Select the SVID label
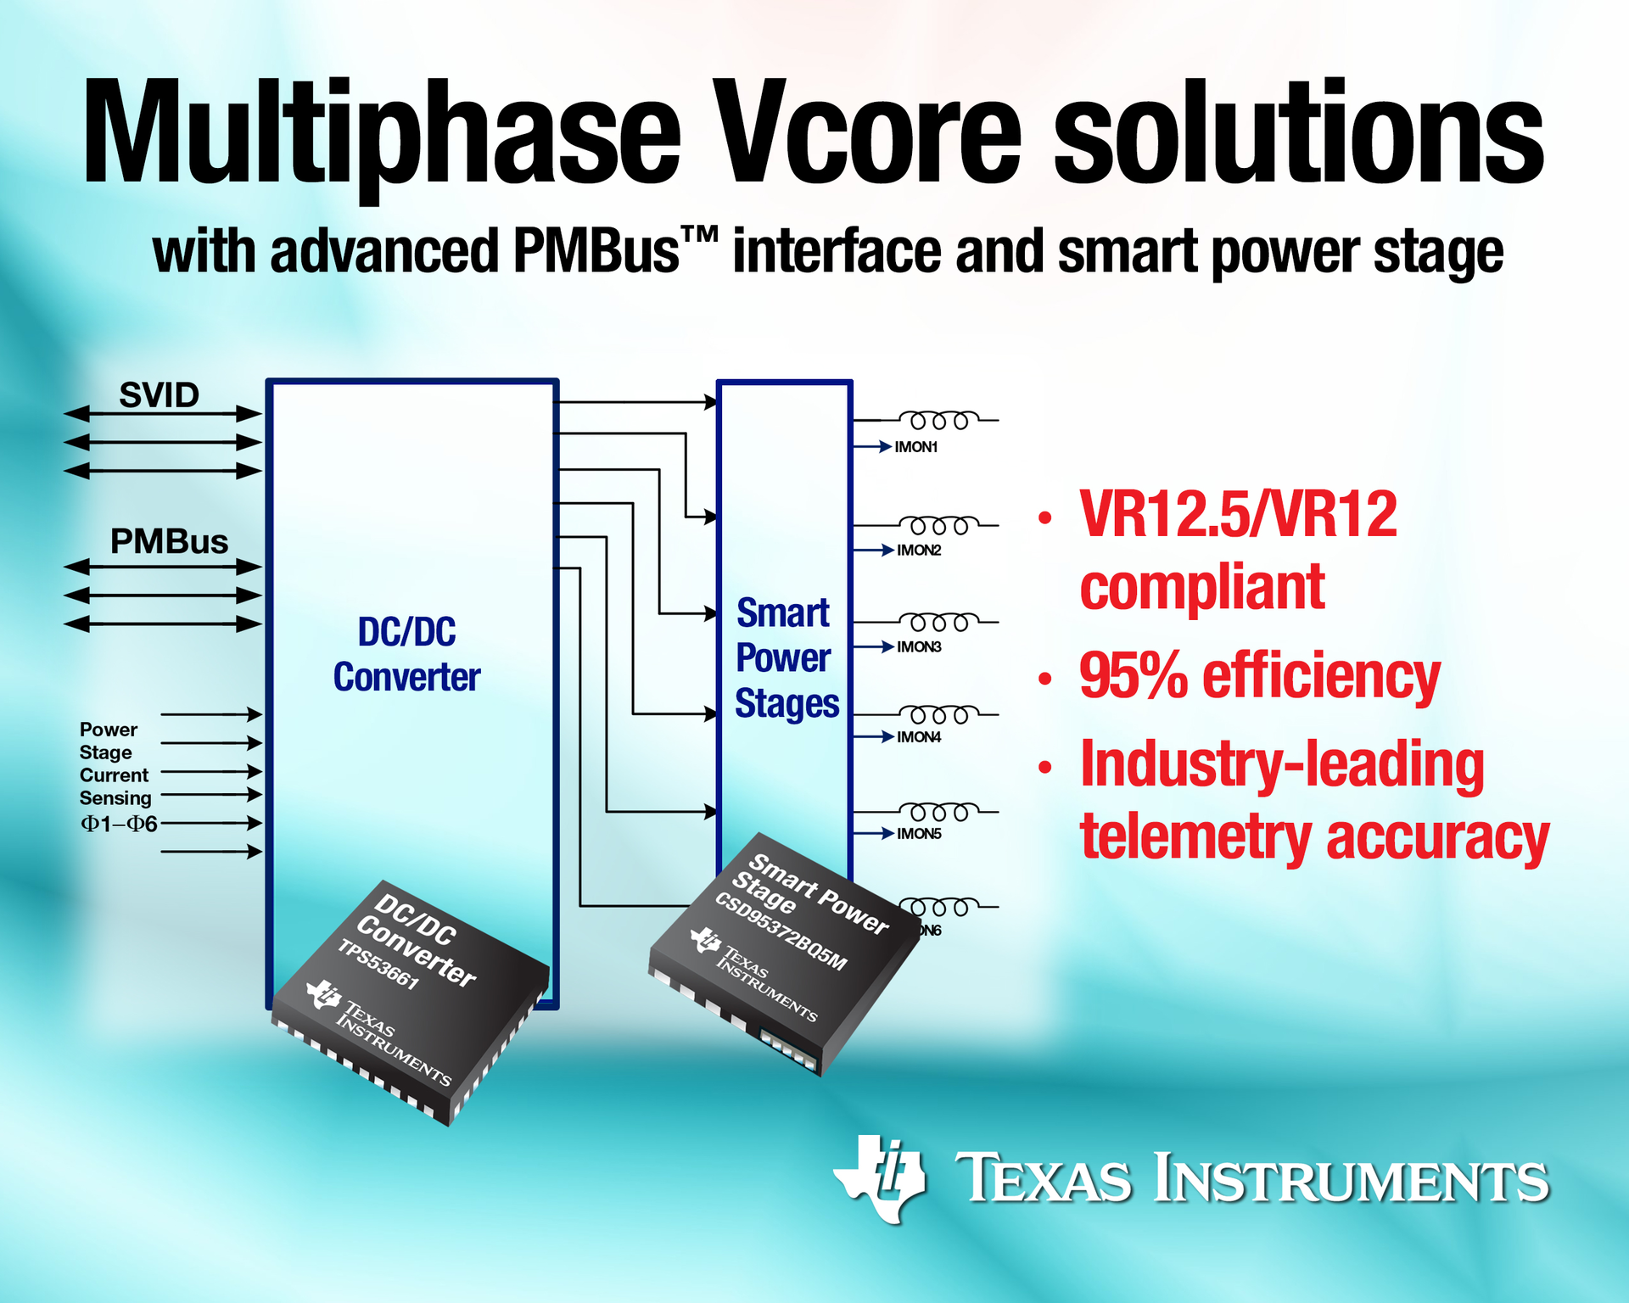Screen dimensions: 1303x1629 159,395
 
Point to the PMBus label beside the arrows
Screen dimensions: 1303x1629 169,542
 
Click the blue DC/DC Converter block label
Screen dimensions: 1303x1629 407,655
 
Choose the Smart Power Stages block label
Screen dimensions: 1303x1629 786,658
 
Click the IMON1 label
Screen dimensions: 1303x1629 916,447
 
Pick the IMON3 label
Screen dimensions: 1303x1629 919,647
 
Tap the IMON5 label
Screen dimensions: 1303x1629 919,834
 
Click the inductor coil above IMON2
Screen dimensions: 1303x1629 938,525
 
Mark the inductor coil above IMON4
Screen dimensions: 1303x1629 938,714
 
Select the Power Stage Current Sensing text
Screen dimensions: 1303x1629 115,764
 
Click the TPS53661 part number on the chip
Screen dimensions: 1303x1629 379,965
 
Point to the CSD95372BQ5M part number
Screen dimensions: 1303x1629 781,931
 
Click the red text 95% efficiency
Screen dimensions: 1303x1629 1260,676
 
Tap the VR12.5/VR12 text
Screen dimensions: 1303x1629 1238,515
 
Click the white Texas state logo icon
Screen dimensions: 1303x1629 880,1178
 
